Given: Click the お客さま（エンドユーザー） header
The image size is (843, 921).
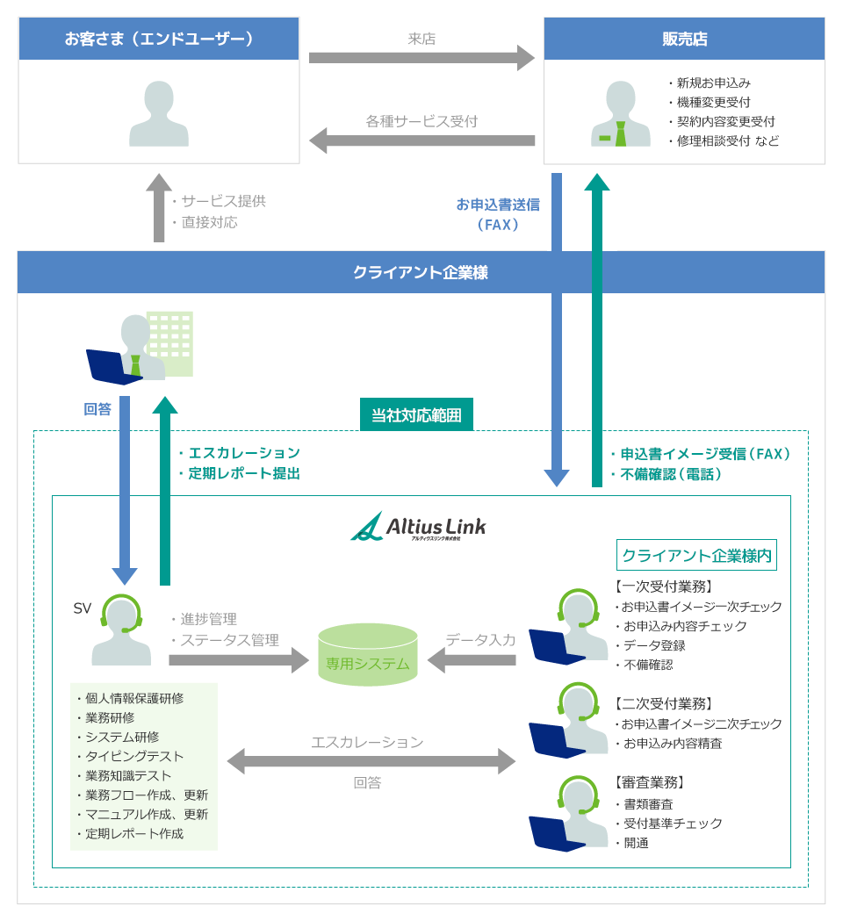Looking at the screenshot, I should (159, 39).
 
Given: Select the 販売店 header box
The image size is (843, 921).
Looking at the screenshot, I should (684, 39).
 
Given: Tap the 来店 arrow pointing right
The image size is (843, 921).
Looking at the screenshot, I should (421, 58).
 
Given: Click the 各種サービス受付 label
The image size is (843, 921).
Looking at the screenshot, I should (421, 121).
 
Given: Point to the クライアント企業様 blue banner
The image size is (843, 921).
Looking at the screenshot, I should (421, 272).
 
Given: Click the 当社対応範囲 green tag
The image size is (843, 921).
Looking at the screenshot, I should (416, 414).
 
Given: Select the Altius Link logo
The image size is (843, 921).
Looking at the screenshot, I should (418, 527).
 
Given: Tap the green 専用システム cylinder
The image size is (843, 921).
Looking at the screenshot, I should (368, 654).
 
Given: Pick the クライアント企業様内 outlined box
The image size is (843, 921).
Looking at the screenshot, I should (696, 555).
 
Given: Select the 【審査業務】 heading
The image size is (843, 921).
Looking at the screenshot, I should (649, 782).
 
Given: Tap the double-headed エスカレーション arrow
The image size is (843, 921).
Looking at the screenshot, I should (371, 761).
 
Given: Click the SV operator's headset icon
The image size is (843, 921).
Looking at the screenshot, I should (121, 614).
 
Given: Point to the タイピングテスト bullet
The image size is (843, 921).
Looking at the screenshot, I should (134, 756).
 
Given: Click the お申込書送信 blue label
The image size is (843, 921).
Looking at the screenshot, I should (498, 205).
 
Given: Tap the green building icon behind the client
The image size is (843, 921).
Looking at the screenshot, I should (170, 342).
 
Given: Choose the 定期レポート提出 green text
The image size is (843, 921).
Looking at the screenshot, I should (243, 473).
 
